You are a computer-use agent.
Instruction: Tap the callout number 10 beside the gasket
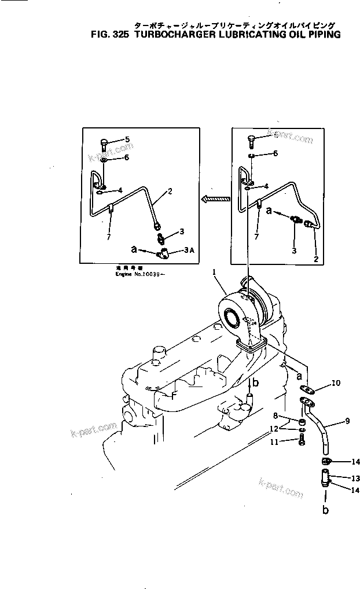(336, 383)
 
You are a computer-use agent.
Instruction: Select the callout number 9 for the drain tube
(347, 421)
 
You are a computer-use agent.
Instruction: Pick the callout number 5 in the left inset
(127, 139)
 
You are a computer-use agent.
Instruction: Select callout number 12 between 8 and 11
(275, 429)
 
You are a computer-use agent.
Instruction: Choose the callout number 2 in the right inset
(315, 259)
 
